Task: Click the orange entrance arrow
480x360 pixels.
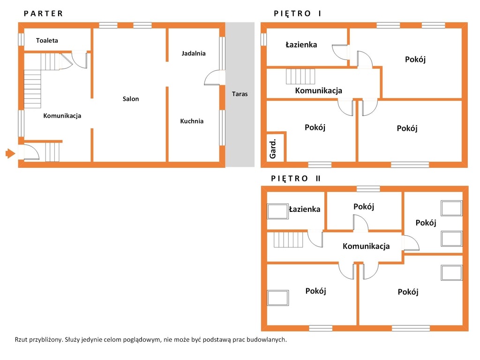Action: (x=10, y=153)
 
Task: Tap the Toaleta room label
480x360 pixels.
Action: (x=47, y=40)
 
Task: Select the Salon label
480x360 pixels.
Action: (x=131, y=99)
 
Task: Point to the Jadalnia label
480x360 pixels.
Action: (x=194, y=53)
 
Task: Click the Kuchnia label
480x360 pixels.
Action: (x=192, y=121)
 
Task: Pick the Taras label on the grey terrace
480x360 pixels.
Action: (x=240, y=94)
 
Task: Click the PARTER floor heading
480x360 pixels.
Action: (x=44, y=14)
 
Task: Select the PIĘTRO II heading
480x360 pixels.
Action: (x=296, y=179)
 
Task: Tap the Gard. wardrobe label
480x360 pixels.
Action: (x=273, y=149)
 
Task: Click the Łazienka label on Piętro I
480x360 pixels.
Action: (x=301, y=45)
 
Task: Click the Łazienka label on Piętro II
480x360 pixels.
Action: (x=305, y=209)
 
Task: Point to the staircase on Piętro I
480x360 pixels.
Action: (x=300, y=76)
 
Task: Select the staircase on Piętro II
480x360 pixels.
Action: (x=288, y=240)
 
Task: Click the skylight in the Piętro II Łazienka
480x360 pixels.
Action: (x=278, y=211)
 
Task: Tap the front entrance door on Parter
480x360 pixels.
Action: (x=31, y=152)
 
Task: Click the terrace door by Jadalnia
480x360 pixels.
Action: (x=215, y=78)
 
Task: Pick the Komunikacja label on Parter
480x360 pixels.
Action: (x=62, y=116)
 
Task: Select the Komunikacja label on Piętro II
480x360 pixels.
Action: (x=366, y=246)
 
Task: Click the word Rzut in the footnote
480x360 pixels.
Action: (x=21, y=339)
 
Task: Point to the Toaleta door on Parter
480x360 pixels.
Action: (x=80, y=60)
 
